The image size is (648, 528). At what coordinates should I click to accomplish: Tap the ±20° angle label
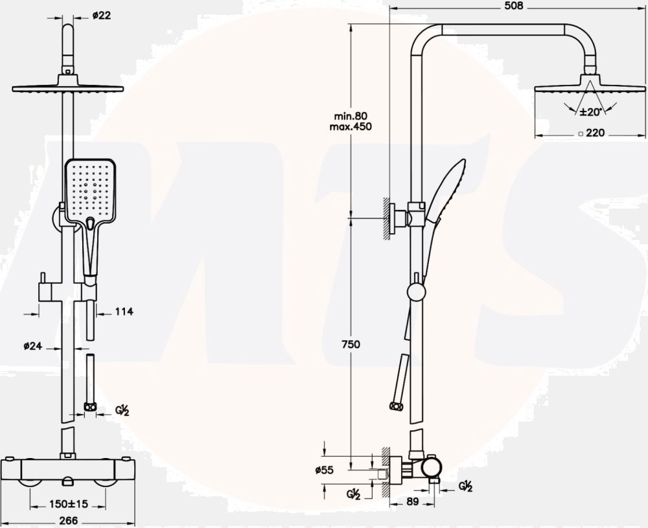coord(590,112)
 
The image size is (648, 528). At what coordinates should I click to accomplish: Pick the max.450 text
coord(350,126)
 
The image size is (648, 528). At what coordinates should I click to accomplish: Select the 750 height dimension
coord(350,345)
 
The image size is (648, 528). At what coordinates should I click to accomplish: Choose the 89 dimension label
coord(413,501)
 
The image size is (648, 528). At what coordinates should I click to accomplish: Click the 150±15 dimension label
coord(69,503)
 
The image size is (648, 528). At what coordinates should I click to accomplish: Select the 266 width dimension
coord(68,520)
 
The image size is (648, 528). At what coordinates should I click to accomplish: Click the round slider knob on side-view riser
coord(415,292)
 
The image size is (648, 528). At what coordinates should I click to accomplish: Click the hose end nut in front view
coord(90,407)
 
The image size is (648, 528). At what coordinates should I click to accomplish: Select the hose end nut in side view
coord(396,406)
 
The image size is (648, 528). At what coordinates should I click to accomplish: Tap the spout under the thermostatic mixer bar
coord(69,481)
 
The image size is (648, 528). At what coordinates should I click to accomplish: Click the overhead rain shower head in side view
coord(590,89)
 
